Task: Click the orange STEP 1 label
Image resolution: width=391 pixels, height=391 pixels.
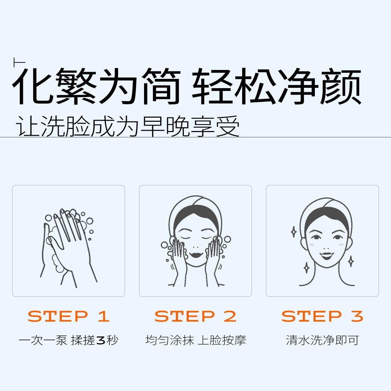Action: [x=69, y=316]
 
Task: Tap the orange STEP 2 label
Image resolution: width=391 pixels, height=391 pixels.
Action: [x=195, y=316]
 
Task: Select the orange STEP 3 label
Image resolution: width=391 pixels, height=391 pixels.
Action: [x=322, y=316]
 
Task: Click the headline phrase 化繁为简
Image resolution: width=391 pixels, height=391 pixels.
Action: [x=96, y=86]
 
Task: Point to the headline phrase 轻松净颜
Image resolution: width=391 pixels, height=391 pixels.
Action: [x=276, y=86]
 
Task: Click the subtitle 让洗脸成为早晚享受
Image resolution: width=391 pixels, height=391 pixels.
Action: [x=128, y=126]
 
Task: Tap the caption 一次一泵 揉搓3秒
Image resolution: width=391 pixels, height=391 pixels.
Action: [x=68, y=340]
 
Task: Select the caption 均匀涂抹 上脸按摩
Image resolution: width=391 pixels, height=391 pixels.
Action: [x=195, y=340]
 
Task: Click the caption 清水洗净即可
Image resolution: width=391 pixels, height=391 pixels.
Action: [x=322, y=340]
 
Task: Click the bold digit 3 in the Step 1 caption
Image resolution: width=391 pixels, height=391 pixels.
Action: [x=100, y=340]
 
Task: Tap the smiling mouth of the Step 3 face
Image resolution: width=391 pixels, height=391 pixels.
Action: [x=326, y=256]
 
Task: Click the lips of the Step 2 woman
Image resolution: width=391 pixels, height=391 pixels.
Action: [x=195, y=255]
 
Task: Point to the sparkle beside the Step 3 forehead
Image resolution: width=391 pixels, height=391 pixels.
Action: [x=294, y=232]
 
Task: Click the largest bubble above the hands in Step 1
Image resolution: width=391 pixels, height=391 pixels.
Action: [x=89, y=221]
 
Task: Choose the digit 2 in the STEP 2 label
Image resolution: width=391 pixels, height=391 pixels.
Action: [x=230, y=316]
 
